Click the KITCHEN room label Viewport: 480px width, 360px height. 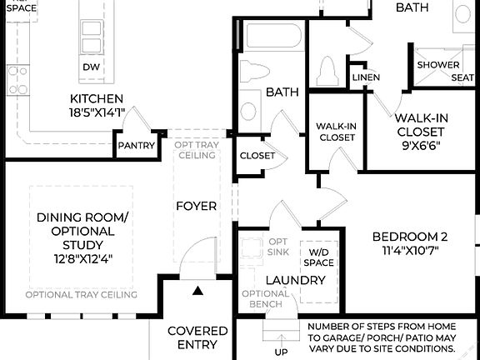pos(97,98)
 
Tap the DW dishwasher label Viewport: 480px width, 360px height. pos(90,67)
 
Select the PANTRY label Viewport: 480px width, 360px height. pos(136,145)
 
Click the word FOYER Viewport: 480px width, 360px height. pos(196,206)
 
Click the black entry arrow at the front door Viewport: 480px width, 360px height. pos(197,291)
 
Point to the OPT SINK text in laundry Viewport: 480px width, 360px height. pos(277,247)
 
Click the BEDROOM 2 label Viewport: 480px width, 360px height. pos(410,236)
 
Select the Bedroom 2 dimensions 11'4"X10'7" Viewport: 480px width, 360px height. pos(410,250)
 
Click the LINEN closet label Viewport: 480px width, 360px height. pos(366,77)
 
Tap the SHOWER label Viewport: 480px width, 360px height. pos(438,65)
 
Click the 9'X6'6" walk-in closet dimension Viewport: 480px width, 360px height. pos(421,145)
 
